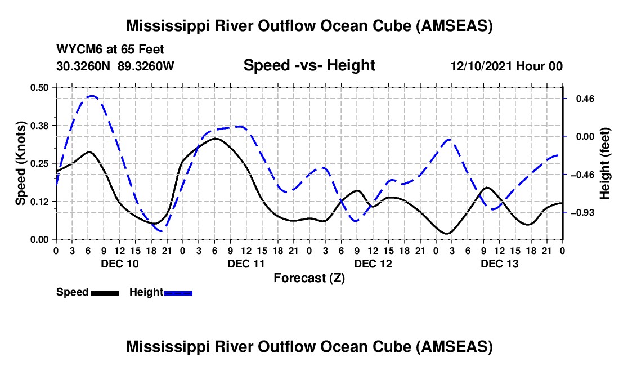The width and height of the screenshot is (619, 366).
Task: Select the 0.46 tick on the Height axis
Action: pyautogui.click(x=579, y=99)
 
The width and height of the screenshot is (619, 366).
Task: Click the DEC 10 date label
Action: pyautogui.click(x=119, y=264)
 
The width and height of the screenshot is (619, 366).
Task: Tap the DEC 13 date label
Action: pyautogui.click(x=499, y=264)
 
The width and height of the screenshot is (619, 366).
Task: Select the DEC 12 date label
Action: pyautogui.click(x=373, y=264)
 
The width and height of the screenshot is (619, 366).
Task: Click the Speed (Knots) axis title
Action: pyautogui.click(x=21, y=163)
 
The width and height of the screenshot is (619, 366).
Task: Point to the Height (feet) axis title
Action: pyautogui.click(x=605, y=163)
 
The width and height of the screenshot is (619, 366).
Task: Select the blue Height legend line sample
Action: pyautogui.click(x=178, y=292)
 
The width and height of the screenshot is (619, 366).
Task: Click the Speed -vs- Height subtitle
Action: pyautogui.click(x=309, y=65)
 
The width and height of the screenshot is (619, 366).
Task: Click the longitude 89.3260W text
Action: pyautogui.click(x=146, y=66)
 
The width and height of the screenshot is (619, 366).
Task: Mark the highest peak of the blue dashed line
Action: pyautogui.click(x=91, y=96)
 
